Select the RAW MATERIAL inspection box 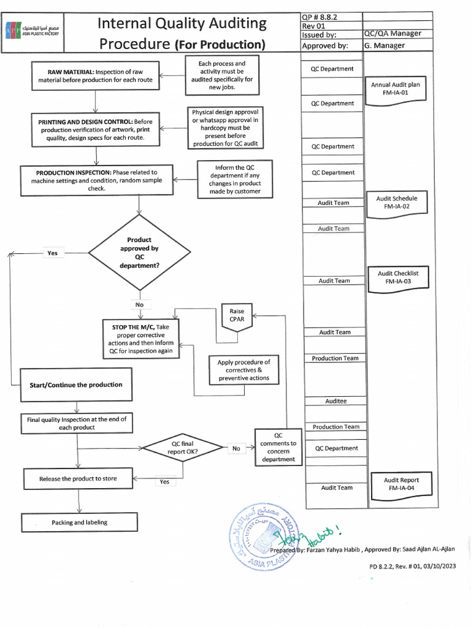(x=95, y=75)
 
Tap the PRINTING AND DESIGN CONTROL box (x=95, y=130)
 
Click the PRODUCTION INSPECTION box (x=96, y=180)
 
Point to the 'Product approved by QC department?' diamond (x=139, y=253)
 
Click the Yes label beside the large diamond (x=52, y=253)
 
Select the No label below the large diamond (x=139, y=304)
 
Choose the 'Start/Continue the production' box (x=76, y=385)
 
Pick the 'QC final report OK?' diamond (x=183, y=448)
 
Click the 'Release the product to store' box (x=78, y=478)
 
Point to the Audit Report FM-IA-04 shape (x=401, y=484)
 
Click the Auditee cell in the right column (x=335, y=401)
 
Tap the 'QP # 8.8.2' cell (x=331, y=17)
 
